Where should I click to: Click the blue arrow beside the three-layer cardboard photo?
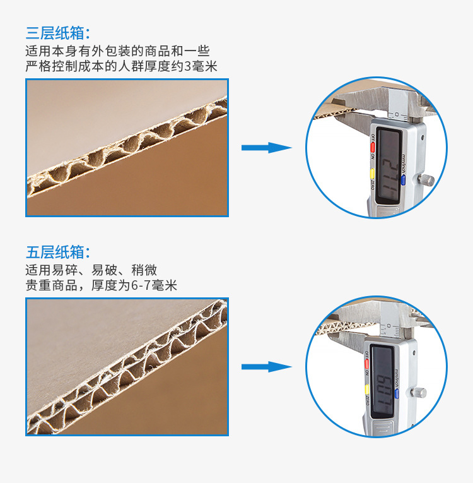pyautogui.click(x=266, y=148)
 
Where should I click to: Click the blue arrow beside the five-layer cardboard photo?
pyautogui.click(x=266, y=367)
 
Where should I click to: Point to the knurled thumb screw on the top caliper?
pyautogui.click(x=428, y=181)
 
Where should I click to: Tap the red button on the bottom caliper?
pyautogui.click(x=366, y=364)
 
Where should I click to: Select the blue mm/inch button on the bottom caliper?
pyautogui.click(x=397, y=395)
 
